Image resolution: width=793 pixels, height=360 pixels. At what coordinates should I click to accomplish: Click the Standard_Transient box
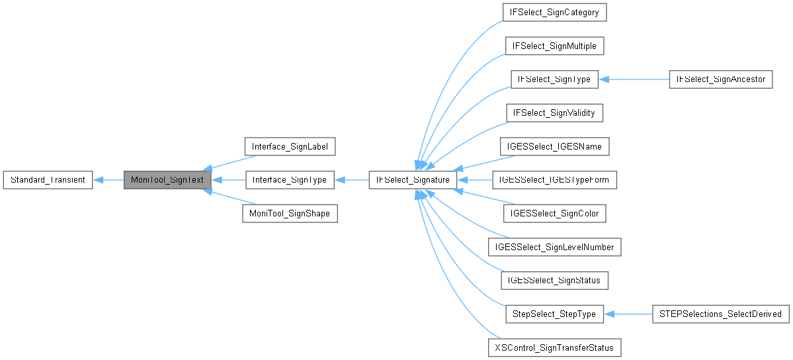48,179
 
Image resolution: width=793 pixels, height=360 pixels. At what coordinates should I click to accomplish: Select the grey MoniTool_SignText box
167,179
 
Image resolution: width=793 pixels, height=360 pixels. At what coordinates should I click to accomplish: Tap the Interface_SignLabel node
290,146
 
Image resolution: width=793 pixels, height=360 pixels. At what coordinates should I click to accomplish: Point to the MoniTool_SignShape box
290,213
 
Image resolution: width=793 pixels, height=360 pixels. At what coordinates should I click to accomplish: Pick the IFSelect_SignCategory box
554,12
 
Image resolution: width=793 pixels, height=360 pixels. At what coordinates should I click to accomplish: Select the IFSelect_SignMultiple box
554,46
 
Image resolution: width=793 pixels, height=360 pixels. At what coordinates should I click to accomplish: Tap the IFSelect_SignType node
554,79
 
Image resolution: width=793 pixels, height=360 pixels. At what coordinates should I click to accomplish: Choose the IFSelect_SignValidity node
554,112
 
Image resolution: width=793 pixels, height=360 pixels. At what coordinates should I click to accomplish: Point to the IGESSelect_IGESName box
554,146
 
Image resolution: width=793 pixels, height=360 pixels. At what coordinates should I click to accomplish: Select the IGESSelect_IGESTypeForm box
554,179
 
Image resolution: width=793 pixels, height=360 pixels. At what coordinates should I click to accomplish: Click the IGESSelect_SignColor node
554,213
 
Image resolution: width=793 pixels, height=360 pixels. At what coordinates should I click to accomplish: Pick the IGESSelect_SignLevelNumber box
554,247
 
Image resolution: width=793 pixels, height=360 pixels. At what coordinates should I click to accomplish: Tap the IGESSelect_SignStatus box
554,280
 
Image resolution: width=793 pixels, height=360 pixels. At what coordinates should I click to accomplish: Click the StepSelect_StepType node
554,314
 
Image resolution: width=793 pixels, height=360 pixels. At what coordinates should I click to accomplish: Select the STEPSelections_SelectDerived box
720,314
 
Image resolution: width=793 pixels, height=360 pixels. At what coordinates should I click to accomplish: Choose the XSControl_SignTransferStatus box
554,347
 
